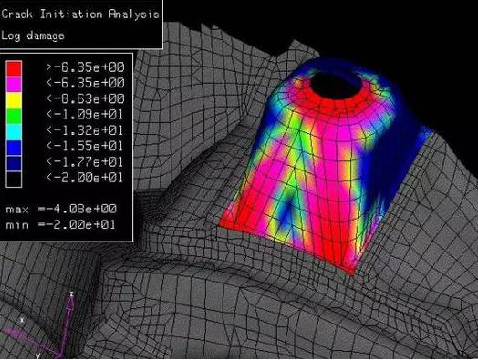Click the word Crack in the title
tap(16, 14)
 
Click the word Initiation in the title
tap(71, 14)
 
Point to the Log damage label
tap(33, 36)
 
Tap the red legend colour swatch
tap(14, 68)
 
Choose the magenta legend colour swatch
tap(14, 84)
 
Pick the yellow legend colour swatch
tap(14, 100)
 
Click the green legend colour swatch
tap(14, 116)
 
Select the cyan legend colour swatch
tap(14, 132)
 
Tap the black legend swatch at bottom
tap(14, 180)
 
